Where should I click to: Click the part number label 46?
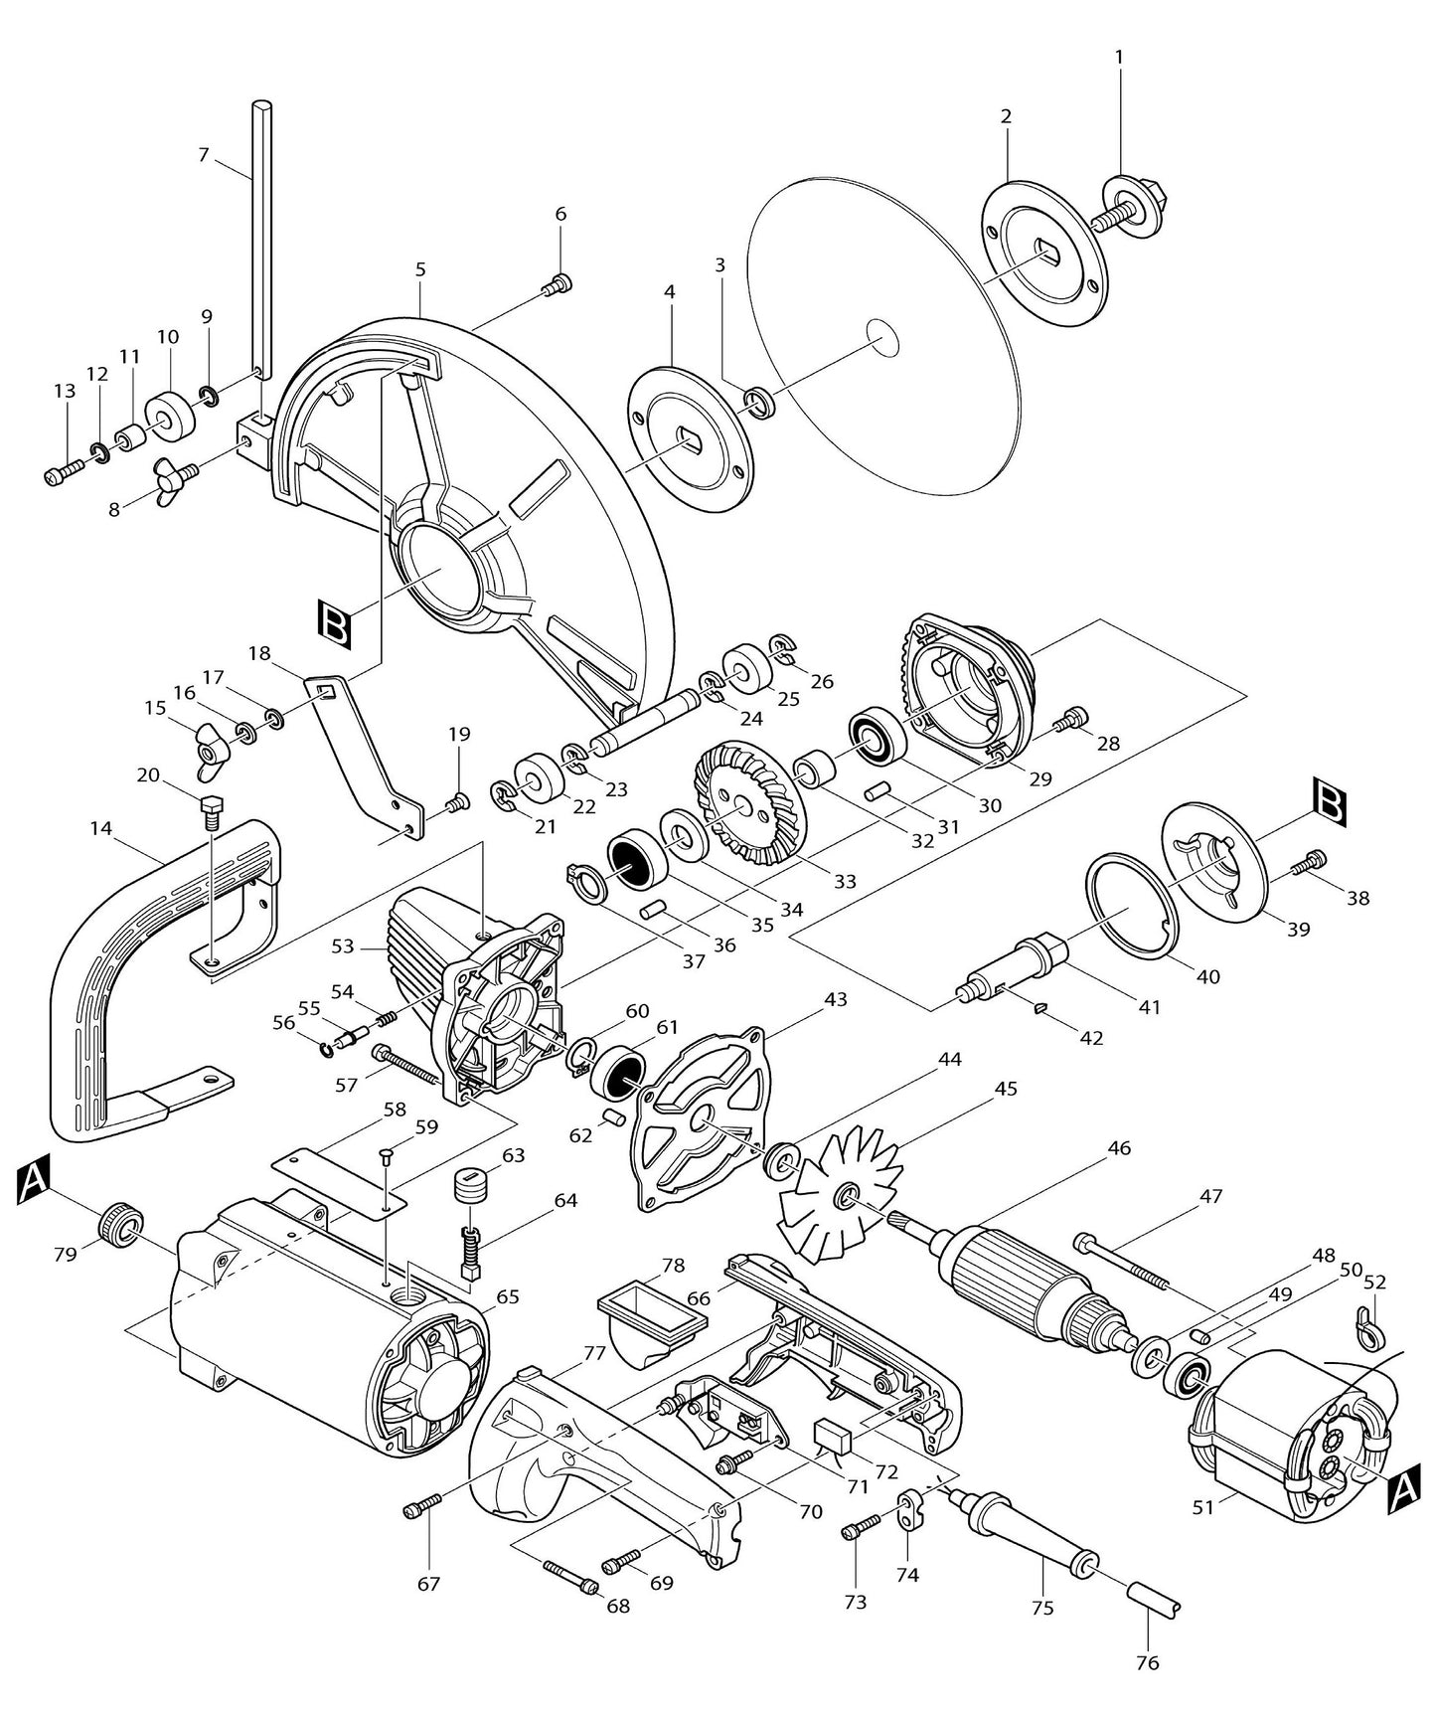[1119, 1148]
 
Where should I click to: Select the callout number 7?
[204, 154]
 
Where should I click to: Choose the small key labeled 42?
[1040, 1007]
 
